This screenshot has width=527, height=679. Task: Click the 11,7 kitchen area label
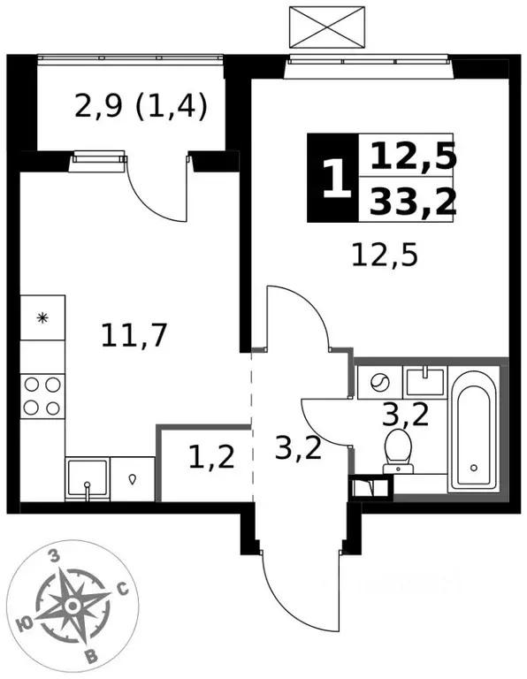pyautogui.click(x=134, y=337)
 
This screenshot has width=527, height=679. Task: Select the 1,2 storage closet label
pyautogui.click(x=211, y=457)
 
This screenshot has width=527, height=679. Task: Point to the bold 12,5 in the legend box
pyautogui.click(x=413, y=156)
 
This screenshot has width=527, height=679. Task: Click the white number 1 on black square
pyautogui.click(x=336, y=179)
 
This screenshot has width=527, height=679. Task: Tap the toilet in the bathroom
pyautogui.click(x=399, y=451)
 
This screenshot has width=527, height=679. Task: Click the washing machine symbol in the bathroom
pyautogui.click(x=380, y=382)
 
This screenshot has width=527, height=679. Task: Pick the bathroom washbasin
pyautogui.click(x=425, y=382)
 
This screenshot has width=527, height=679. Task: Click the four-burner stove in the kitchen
pyautogui.click(x=42, y=396)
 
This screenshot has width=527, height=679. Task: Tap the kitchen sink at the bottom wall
pyautogui.click(x=88, y=479)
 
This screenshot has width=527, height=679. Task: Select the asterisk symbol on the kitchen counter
pyautogui.click(x=42, y=318)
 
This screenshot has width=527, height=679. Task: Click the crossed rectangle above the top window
pyautogui.click(x=327, y=27)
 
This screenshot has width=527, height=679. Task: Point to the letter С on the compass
pyautogui.click(x=123, y=589)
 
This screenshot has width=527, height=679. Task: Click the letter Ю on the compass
pyautogui.click(x=26, y=624)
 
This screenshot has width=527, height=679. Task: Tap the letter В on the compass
pyautogui.click(x=91, y=657)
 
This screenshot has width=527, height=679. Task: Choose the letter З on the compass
pyautogui.click(x=54, y=556)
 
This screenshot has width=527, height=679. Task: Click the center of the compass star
pyautogui.click(x=73, y=606)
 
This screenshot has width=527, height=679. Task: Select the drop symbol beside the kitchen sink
pyautogui.click(x=133, y=479)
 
